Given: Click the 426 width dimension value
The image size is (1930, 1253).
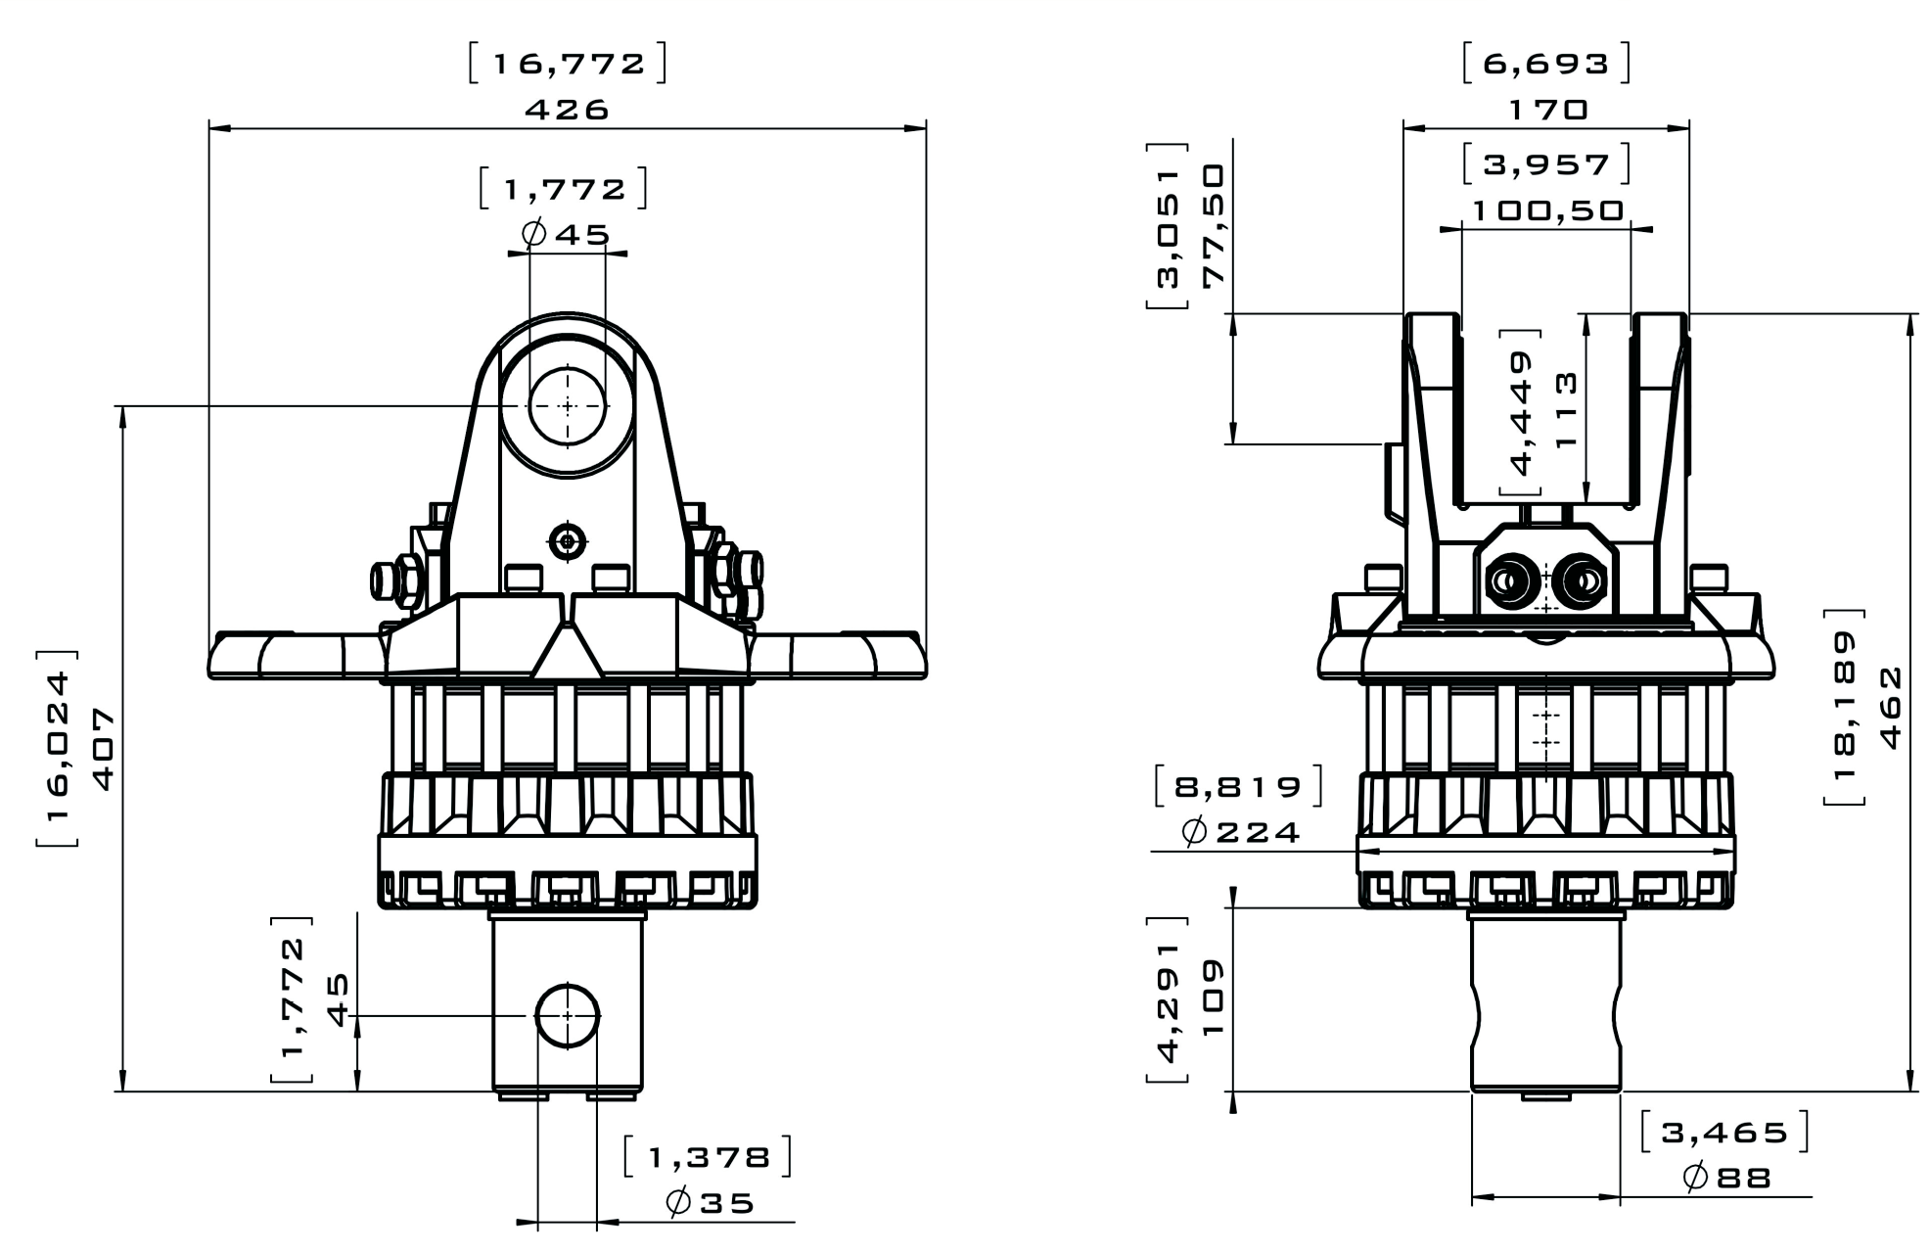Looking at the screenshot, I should pyautogui.click(x=567, y=109).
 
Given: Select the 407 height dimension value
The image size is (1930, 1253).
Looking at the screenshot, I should pyautogui.click(x=103, y=749).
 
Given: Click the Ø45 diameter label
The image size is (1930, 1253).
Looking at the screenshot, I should pyautogui.click(x=567, y=234).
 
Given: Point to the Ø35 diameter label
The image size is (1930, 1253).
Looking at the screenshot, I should pyautogui.click(x=711, y=1203).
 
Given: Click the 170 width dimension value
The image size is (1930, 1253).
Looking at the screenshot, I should pyautogui.click(x=1546, y=109).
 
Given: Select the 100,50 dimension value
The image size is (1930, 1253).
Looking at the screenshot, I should pyautogui.click(x=1547, y=210).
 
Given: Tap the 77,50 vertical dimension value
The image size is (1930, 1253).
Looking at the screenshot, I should pyautogui.click(x=1214, y=225).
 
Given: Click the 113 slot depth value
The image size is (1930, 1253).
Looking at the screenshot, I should pyautogui.click(x=1566, y=410).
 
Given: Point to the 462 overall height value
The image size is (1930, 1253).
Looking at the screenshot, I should pyautogui.click(x=1891, y=707).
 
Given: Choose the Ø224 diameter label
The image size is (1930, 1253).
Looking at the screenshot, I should pyautogui.click(x=1241, y=832).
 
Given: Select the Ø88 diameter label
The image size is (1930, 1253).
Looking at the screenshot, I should pyautogui.click(x=1727, y=1177).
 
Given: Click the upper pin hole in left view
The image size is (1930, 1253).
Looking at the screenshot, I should pyautogui.click(x=568, y=405).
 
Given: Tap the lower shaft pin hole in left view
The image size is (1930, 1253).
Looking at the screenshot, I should pyautogui.click(x=568, y=1016).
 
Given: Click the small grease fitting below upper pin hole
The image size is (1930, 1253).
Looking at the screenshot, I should pyautogui.click(x=568, y=540).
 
